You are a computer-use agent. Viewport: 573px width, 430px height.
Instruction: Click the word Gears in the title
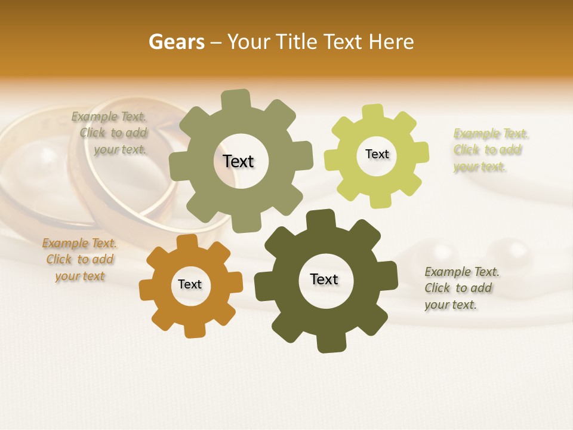(x=176, y=42)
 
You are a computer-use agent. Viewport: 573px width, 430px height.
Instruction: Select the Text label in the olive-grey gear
(x=238, y=161)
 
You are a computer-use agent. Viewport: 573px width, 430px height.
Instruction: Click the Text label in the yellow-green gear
(x=377, y=154)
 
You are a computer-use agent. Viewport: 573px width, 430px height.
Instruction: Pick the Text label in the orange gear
(x=190, y=284)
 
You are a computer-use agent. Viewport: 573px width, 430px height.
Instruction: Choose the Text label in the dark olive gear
(x=324, y=279)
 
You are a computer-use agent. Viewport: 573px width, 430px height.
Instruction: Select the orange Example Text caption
(x=79, y=260)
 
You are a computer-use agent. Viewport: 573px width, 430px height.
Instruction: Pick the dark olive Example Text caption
(x=461, y=288)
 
